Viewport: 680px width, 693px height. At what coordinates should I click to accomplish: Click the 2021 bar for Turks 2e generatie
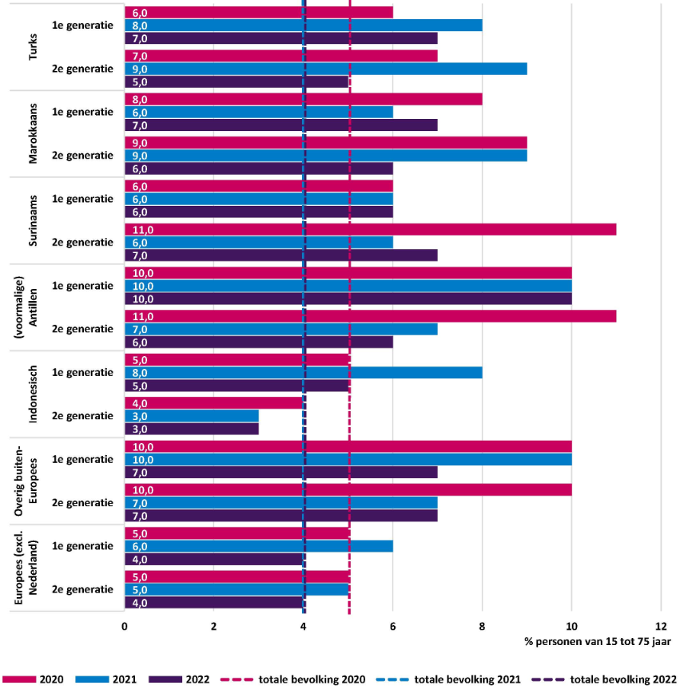[326, 69]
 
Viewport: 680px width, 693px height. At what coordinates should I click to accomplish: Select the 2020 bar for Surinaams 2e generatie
[370, 229]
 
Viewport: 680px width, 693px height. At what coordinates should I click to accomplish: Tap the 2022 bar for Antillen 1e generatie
[348, 299]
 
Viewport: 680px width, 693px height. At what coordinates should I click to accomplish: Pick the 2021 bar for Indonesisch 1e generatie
[303, 373]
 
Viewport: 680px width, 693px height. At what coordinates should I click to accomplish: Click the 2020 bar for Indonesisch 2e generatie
[214, 403]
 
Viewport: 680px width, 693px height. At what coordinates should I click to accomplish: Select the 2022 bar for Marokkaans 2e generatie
[258, 168]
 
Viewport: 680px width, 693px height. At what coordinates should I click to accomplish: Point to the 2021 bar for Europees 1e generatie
[258, 547]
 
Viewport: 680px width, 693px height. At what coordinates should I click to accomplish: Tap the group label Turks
[33, 46]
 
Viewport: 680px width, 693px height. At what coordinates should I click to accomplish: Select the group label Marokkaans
[33, 133]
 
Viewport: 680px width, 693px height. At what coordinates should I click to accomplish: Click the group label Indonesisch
[33, 394]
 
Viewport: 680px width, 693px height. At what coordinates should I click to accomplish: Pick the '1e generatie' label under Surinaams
[82, 199]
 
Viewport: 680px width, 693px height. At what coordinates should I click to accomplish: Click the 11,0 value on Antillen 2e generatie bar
[143, 316]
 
